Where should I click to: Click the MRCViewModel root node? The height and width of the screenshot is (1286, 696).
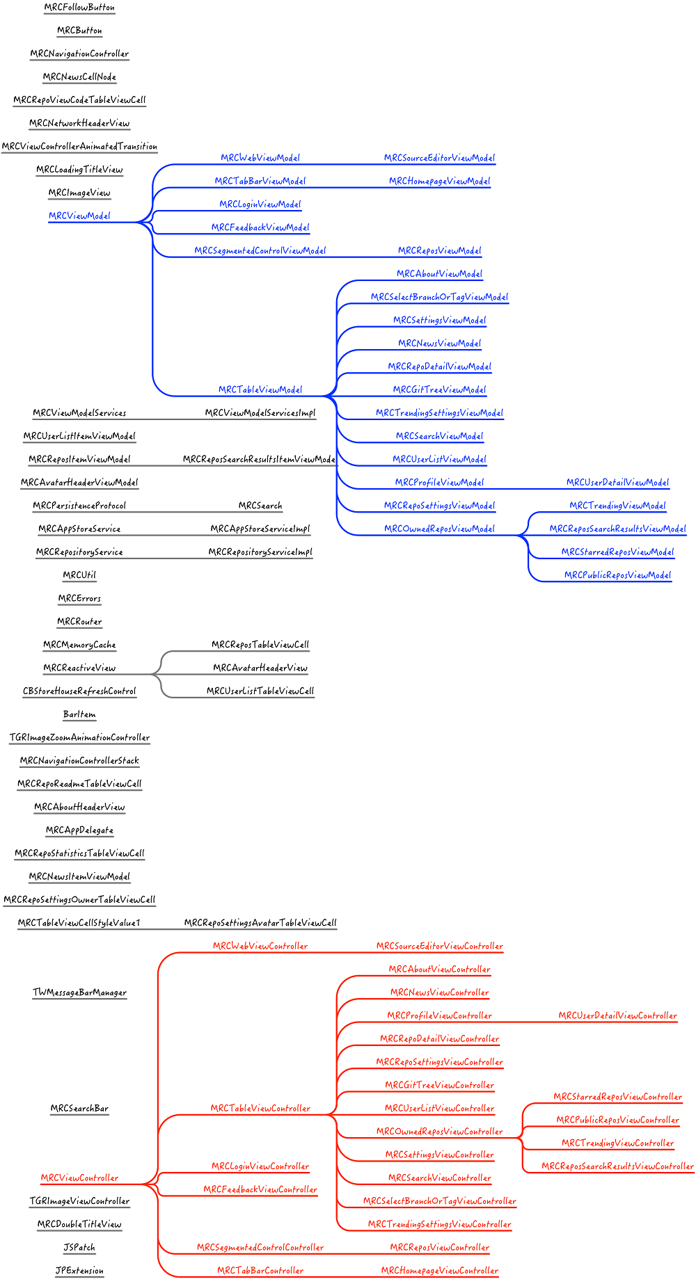pos(79,216)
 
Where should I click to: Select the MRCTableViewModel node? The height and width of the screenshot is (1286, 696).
pos(260,389)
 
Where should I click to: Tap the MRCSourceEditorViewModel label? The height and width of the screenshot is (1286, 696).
pos(439,158)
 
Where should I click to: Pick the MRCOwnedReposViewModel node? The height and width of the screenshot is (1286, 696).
pos(439,529)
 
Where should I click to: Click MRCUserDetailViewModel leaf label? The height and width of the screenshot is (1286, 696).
pos(617,482)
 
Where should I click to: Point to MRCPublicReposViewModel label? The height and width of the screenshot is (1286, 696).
pos(617,575)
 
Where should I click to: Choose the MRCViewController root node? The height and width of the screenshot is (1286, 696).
pos(79,1178)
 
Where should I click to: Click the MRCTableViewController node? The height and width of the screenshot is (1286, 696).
pos(260,1108)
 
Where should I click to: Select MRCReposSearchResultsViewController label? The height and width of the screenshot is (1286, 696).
pos(617,1166)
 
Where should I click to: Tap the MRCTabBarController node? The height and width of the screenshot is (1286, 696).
pos(260,1270)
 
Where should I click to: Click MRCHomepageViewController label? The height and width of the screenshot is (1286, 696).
pos(439,1270)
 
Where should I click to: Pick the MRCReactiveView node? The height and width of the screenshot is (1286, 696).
pos(79,668)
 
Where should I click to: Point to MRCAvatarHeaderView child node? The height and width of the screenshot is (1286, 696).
pos(260,668)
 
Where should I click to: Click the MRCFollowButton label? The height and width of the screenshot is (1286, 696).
pos(79,7)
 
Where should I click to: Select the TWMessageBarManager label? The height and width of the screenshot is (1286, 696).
pos(79,992)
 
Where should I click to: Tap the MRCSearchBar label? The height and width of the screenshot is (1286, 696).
pos(79,1108)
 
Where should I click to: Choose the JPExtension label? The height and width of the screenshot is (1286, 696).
pos(79,1270)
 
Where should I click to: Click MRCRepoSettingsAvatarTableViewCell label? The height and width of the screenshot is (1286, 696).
pos(260,923)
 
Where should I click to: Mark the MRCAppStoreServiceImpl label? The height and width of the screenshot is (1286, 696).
pos(260,529)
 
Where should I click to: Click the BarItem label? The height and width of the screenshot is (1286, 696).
pos(79,714)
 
